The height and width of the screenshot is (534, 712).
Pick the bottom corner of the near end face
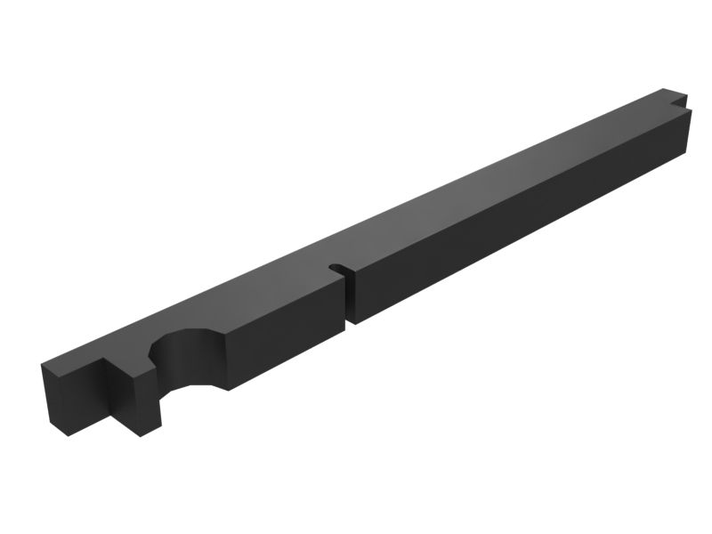click(66, 435)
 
